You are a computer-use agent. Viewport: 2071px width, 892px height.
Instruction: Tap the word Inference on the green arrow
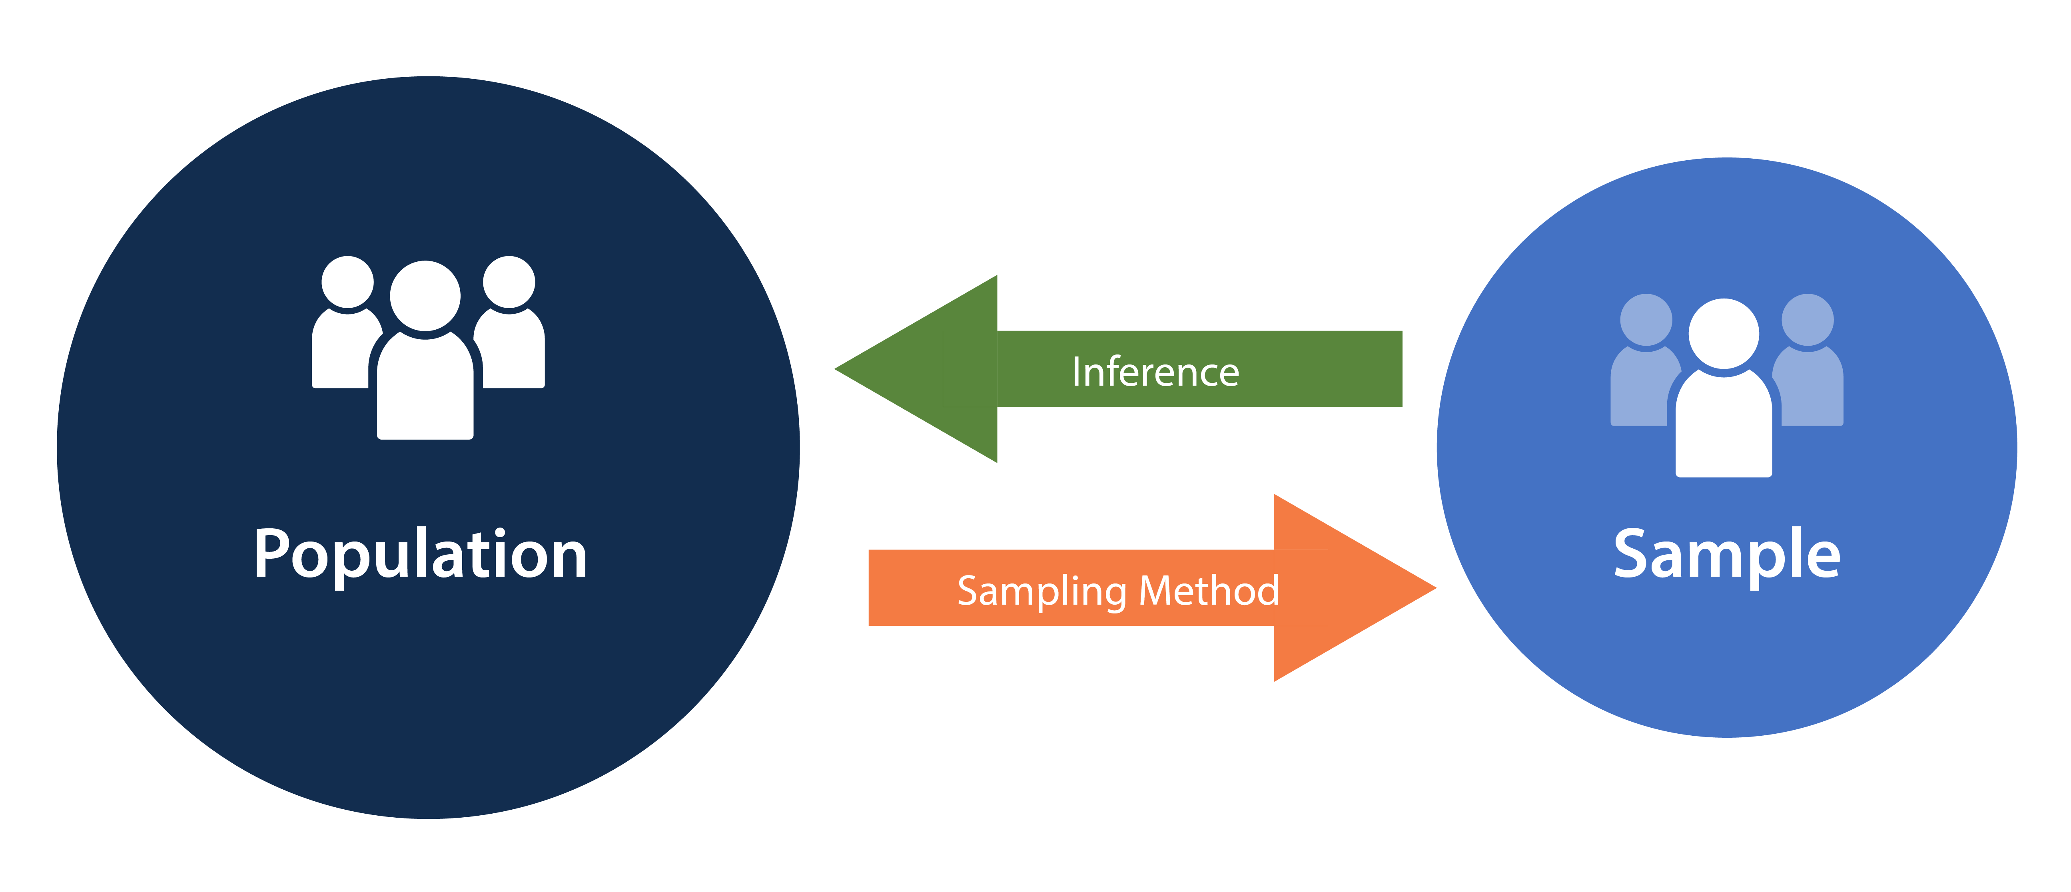[1155, 372]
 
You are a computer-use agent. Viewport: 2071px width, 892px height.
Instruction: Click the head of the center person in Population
[425, 295]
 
